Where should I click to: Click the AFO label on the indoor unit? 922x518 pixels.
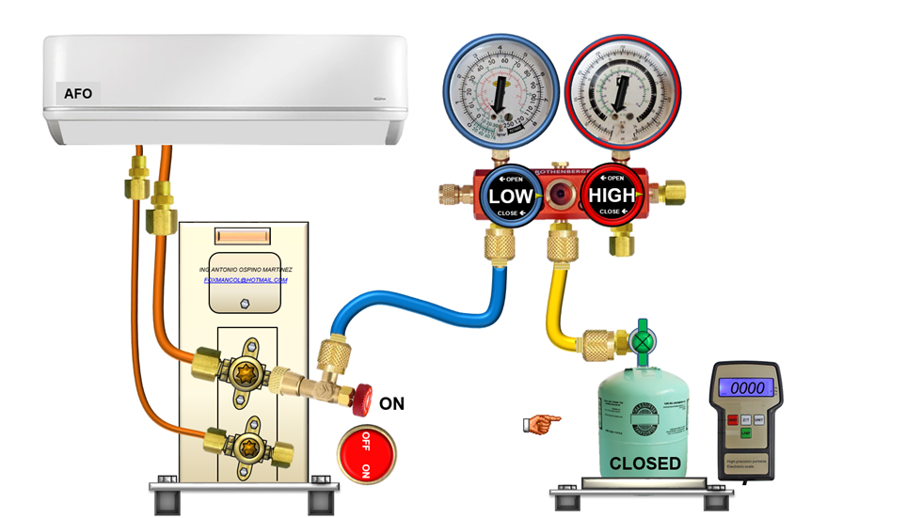(x=77, y=93)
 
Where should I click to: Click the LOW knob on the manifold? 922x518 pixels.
(x=511, y=196)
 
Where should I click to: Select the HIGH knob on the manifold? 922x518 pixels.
(x=609, y=196)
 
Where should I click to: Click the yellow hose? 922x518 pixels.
(x=555, y=320)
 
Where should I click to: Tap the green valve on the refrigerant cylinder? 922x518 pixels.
(x=642, y=338)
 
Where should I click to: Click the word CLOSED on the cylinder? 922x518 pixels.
(x=644, y=463)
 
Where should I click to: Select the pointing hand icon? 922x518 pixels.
(x=541, y=424)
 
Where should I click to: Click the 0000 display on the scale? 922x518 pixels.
(x=746, y=387)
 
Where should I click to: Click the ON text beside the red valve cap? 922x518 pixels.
(x=391, y=404)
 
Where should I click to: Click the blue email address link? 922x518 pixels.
(x=246, y=280)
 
